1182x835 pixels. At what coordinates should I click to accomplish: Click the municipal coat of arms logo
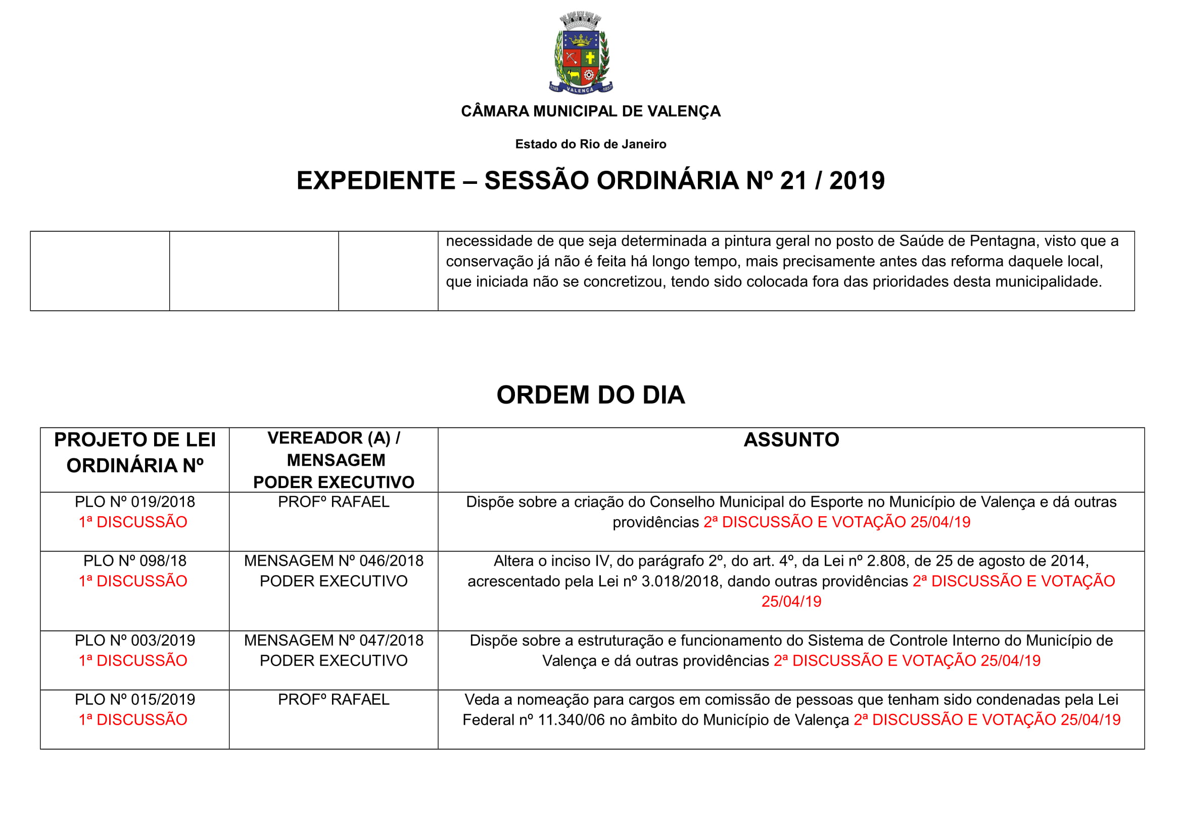point(581,53)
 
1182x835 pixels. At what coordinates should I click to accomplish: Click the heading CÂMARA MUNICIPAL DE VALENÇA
point(590,111)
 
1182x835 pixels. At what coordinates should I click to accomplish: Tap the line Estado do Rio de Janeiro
point(590,144)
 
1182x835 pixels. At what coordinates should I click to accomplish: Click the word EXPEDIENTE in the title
point(376,180)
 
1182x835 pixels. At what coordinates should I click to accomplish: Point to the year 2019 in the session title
point(857,180)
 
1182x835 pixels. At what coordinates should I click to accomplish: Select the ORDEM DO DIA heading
point(590,395)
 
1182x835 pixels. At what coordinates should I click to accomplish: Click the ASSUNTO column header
point(791,440)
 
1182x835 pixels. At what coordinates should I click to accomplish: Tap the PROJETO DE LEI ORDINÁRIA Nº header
point(135,453)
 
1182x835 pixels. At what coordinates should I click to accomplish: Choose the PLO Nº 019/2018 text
point(135,502)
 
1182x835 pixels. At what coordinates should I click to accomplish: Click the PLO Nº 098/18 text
point(135,561)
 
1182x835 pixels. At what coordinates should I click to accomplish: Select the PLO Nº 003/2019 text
point(135,641)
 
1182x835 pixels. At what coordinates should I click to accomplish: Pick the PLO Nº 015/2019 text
point(135,700)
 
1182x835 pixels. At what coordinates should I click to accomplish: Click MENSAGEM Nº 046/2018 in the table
point(334,561)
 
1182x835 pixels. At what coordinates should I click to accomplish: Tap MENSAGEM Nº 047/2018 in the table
point(334,641)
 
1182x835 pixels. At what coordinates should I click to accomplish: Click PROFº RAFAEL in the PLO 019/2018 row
point(334,502)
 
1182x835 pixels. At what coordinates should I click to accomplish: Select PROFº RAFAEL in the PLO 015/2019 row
point(334,700)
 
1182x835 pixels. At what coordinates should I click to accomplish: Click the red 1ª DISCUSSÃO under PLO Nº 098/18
point(133,581)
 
